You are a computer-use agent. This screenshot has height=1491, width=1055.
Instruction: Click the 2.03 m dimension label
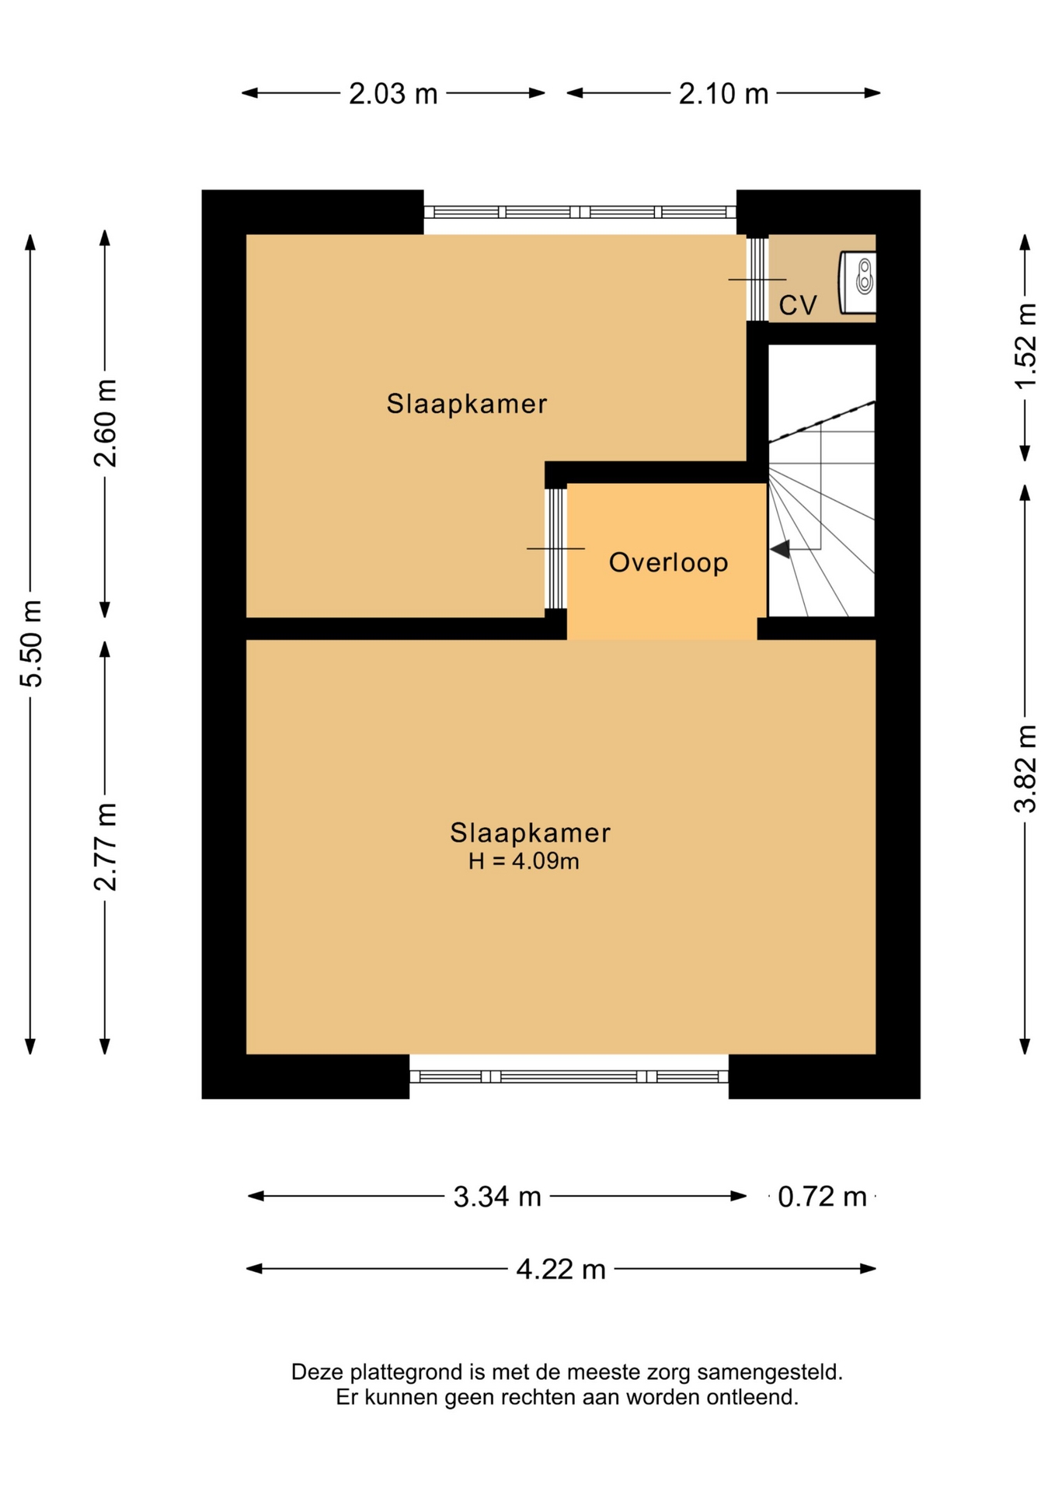[393, 94]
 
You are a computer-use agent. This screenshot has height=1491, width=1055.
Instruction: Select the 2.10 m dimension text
[723, 94]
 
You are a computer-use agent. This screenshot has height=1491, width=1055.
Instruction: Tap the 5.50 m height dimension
[31, 644]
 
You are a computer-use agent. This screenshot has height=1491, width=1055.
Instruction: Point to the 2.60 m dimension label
[105, 423]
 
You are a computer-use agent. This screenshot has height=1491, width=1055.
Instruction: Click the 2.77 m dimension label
[105, 847]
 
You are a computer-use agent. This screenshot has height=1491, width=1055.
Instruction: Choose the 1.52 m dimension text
[1025, 346]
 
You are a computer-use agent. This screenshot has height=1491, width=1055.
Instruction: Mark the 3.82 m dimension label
[1025, 769]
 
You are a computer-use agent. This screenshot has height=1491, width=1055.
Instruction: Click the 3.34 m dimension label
[497, 1197]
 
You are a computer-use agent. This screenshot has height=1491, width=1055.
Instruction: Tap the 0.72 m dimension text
[822, 1197]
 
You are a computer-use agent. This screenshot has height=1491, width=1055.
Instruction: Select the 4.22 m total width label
[561, 1270]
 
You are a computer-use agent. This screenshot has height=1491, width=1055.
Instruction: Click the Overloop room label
[668, 562]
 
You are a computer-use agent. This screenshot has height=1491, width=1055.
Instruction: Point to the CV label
[798, 305]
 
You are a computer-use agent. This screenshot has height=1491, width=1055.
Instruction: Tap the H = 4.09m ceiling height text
[524, 861]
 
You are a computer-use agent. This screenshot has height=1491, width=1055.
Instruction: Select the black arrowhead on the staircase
[780, 549]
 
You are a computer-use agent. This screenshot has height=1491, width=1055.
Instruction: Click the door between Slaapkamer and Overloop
[555, 548]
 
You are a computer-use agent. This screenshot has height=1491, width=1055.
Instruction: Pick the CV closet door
[757, 279]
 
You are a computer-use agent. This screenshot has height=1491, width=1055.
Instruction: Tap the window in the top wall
[580, 212]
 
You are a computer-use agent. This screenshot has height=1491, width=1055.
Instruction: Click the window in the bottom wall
[569, 1076]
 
